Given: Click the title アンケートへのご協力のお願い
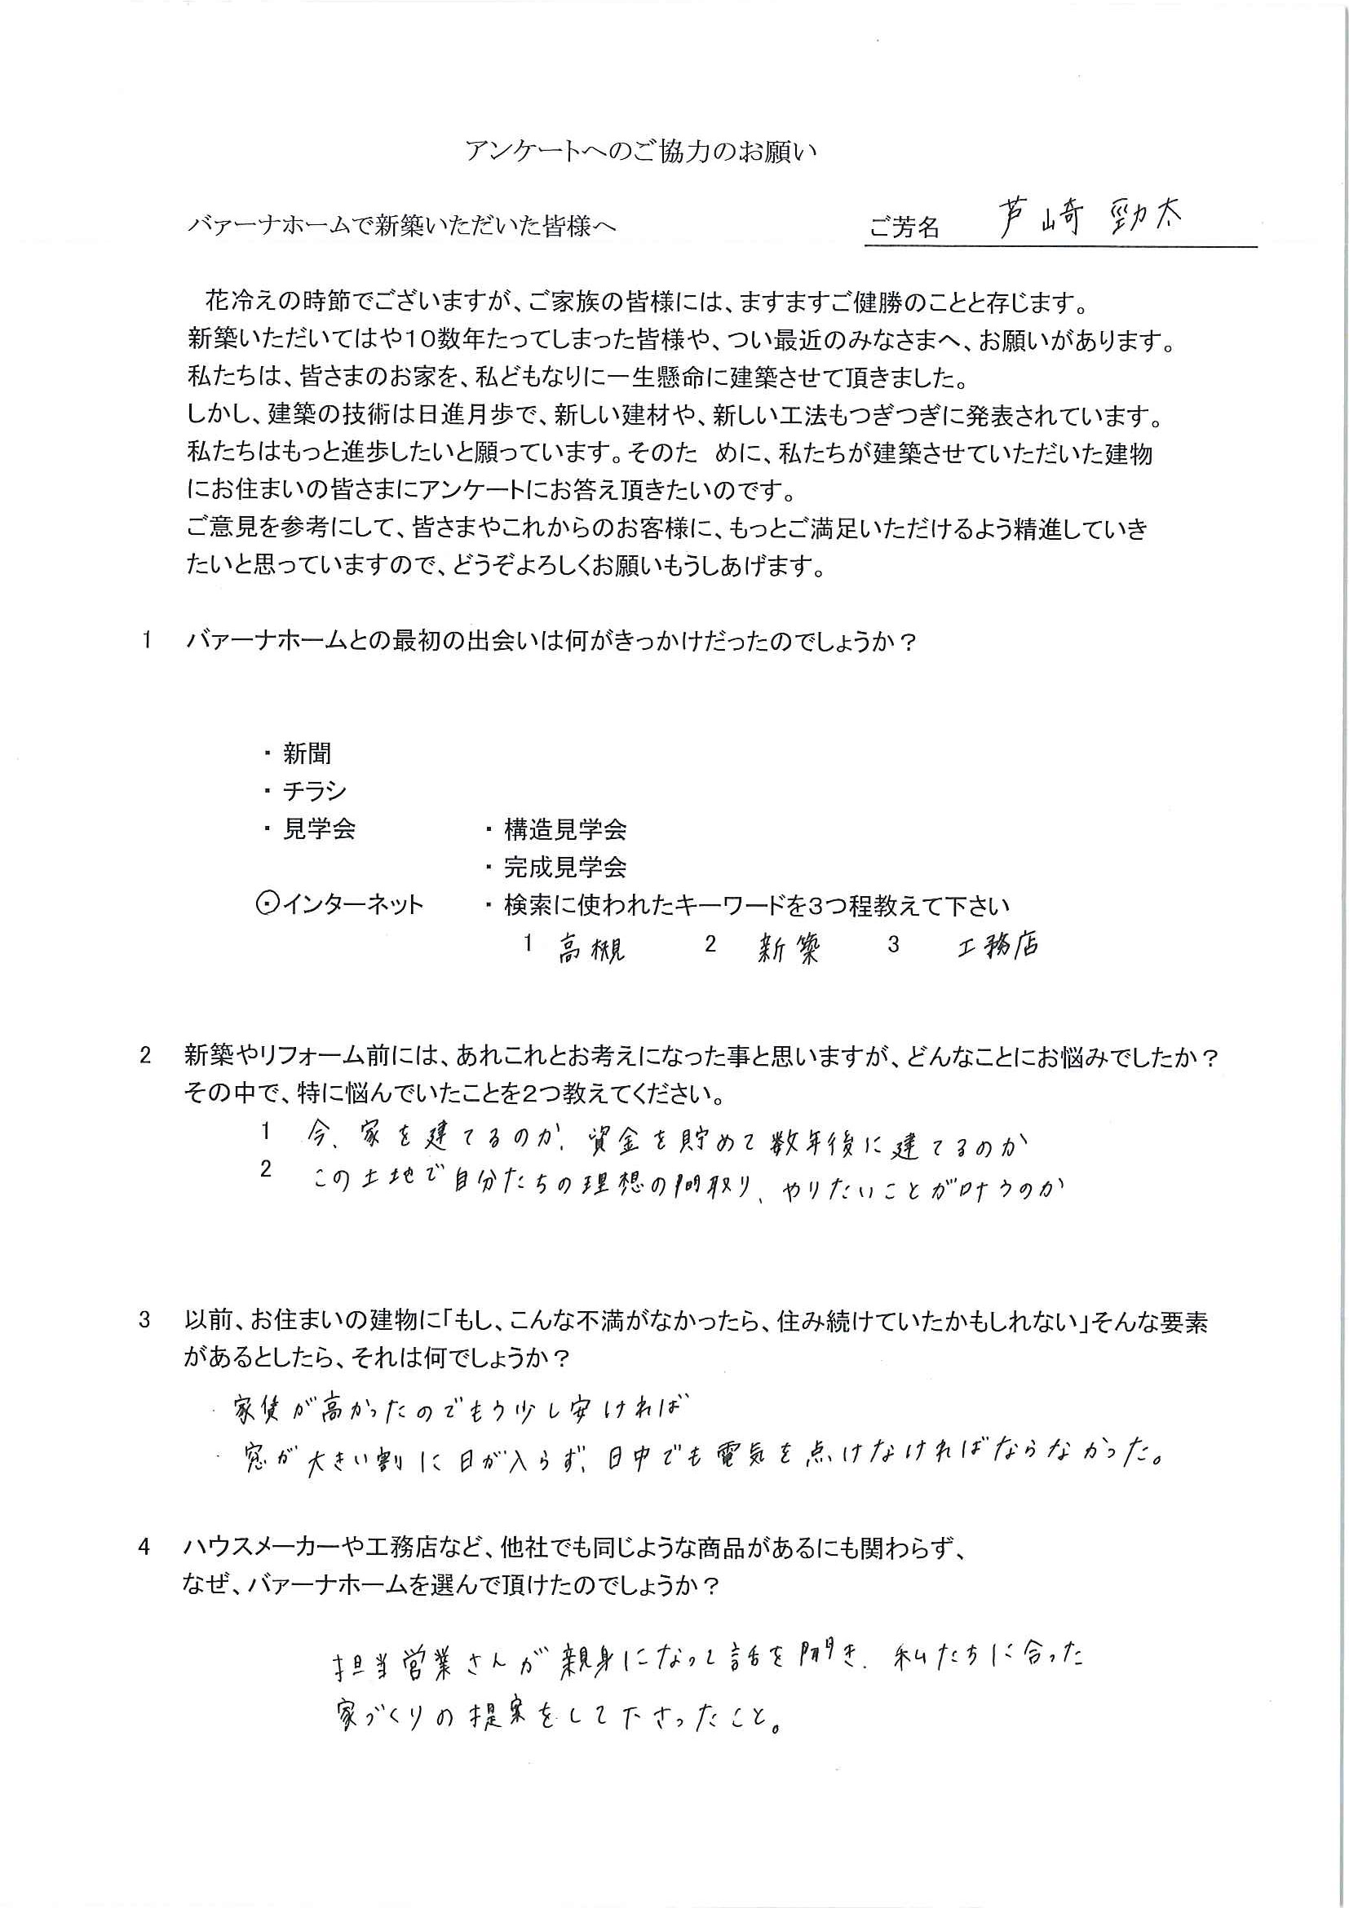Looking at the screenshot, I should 641,152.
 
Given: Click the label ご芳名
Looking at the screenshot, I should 904,227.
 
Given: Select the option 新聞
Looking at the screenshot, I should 307,753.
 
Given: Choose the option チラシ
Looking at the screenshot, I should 314,791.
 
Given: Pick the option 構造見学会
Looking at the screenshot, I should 564,829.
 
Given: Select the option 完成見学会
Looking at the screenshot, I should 564,868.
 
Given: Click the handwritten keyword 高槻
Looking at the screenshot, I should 591,949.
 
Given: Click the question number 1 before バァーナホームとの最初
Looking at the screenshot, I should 147,642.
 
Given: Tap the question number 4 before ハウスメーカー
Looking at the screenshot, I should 145,1548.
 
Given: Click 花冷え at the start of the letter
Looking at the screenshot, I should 242,303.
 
